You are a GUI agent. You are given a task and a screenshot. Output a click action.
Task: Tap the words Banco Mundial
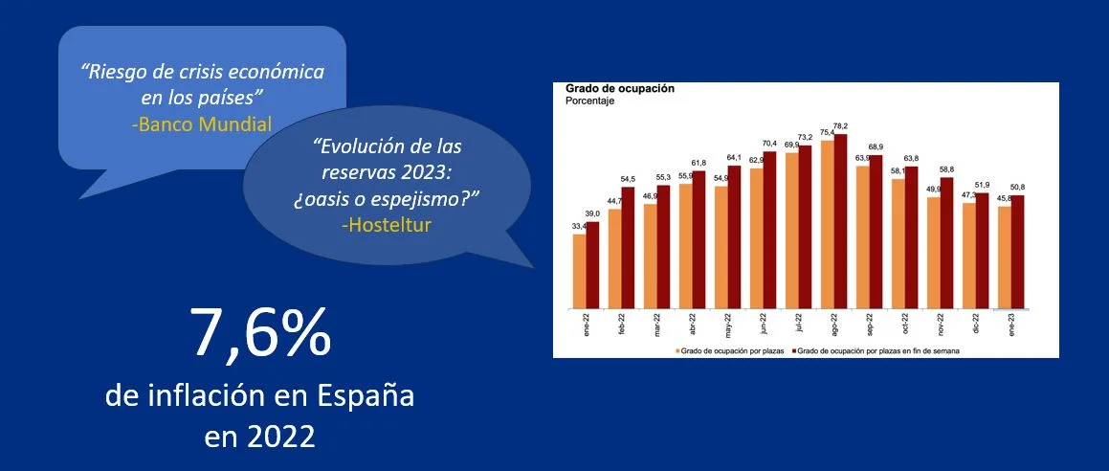coord(202,123)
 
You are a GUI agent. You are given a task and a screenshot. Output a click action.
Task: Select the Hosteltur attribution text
coord(386,224)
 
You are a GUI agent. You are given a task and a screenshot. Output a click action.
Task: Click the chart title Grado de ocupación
coord(619,88)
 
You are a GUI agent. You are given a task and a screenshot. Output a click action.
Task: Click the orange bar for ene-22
coord(579,273)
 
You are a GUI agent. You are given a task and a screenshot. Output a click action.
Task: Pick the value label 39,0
coord(594,214)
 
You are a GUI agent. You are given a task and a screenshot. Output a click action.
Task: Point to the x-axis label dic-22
coord(974,326)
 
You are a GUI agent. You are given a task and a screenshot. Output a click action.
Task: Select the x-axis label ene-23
coord(1009,326)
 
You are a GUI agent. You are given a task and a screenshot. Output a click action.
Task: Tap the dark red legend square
coord(792,351)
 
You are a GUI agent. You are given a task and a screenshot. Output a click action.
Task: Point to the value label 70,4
coord(770,143)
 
